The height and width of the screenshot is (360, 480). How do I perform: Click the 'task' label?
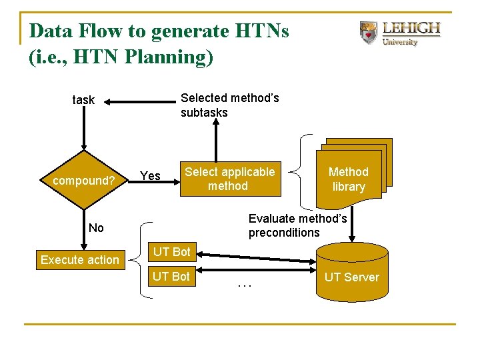tap(83, 100)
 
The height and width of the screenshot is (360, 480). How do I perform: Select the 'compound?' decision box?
tap(84, 180)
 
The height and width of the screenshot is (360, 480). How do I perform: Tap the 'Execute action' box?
tap(79, 260)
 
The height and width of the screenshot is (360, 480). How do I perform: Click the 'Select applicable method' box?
tap(229, 179)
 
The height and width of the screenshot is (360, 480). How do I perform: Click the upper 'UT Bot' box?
tap(171, 252)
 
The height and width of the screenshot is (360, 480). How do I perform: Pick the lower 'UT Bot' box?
tap(171, 276)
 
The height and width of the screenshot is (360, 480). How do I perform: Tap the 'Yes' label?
tap(150, 176)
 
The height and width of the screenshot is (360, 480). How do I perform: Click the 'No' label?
tap(96, 228)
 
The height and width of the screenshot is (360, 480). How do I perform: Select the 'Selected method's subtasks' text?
tap(229, 105)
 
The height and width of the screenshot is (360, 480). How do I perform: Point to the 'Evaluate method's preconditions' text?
tap(297, 225)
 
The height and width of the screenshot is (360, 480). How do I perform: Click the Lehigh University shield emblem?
tap(368, 32)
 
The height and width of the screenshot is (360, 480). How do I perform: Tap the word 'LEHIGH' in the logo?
tap(411, 29)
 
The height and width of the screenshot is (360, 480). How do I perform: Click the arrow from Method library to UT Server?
tap(354, 220)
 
